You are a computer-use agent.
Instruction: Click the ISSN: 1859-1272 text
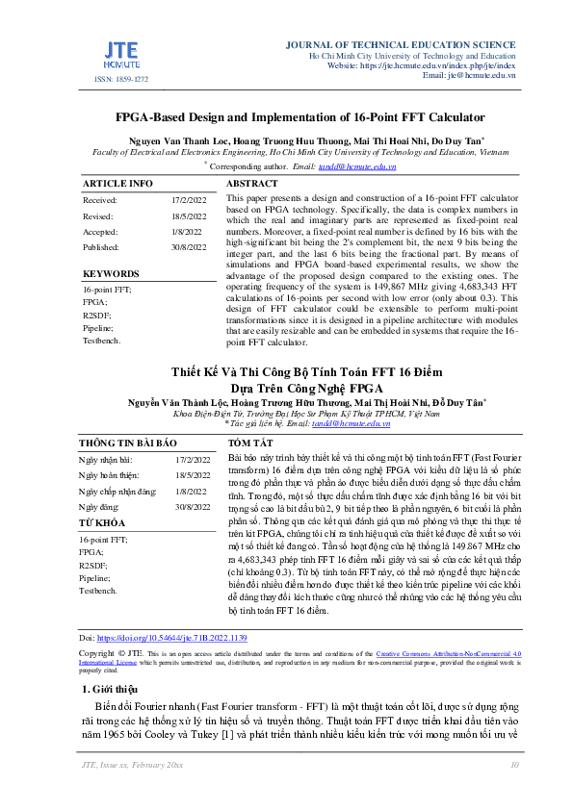click(x=121, y=80)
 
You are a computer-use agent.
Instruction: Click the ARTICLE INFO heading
click(x=117, y=183)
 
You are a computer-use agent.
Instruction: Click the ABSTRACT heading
click(x=252, y=183)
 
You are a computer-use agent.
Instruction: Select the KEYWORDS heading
click(x=111, y=274)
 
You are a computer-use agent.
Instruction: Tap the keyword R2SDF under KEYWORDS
click(x=95, y=315)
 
